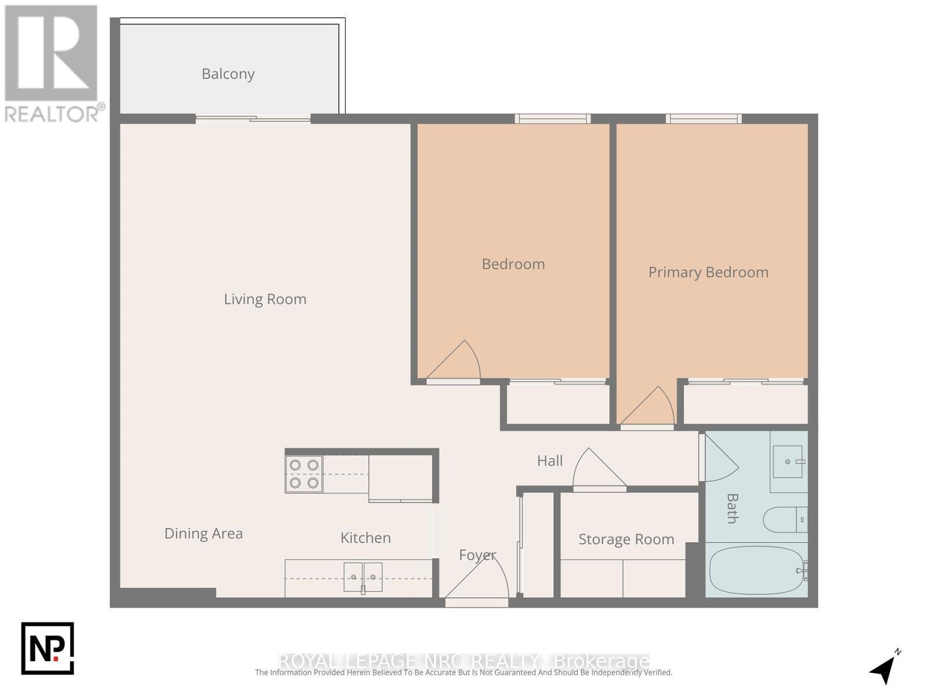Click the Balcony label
pos(228,74)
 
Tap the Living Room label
pos(265,299)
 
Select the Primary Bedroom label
pos(708,272)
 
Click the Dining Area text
pos(204,534)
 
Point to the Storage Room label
pos(626,539)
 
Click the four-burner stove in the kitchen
pos(304,474)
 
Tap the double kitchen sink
pos(363,577)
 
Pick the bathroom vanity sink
pos(788,462)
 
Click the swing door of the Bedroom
pos(455,363)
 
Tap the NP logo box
pos(48,648)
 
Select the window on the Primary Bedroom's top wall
pos(704,119)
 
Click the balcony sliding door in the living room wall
pos(253,119)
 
